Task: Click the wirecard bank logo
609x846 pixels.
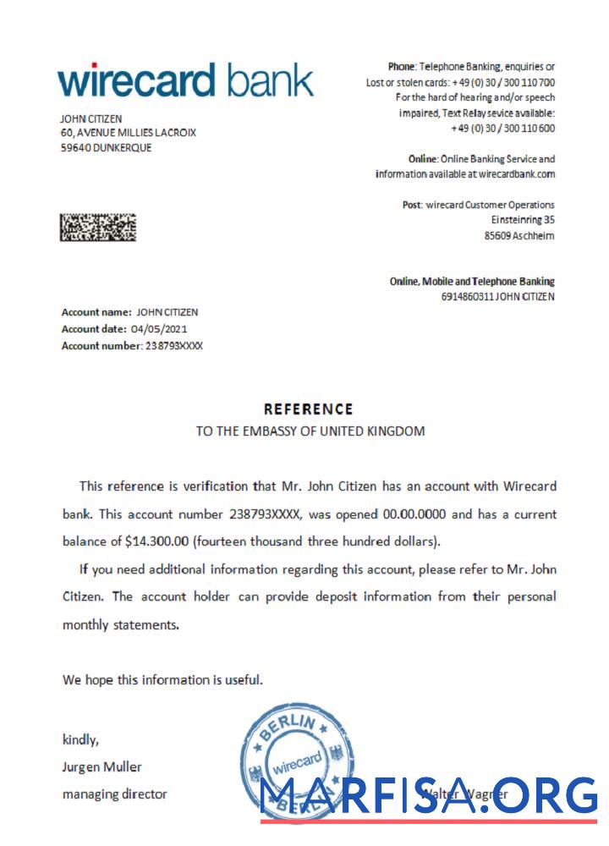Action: [185, 81]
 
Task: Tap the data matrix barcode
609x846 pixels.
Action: [97, 227]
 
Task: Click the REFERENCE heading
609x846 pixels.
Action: [309, 409]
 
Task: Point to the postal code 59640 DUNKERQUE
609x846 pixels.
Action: [106, 147]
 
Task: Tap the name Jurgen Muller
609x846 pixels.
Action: [102, 767]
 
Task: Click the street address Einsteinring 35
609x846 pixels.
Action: [523, 220]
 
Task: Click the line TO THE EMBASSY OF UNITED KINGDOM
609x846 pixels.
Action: [310, 431]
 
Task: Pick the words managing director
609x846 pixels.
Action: [115, 794]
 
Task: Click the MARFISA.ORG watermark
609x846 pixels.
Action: [429, 796]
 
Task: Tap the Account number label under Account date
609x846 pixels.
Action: [101, 345]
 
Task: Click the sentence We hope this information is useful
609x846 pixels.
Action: [162, 680]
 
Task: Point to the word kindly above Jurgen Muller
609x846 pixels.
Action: [80, 740]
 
